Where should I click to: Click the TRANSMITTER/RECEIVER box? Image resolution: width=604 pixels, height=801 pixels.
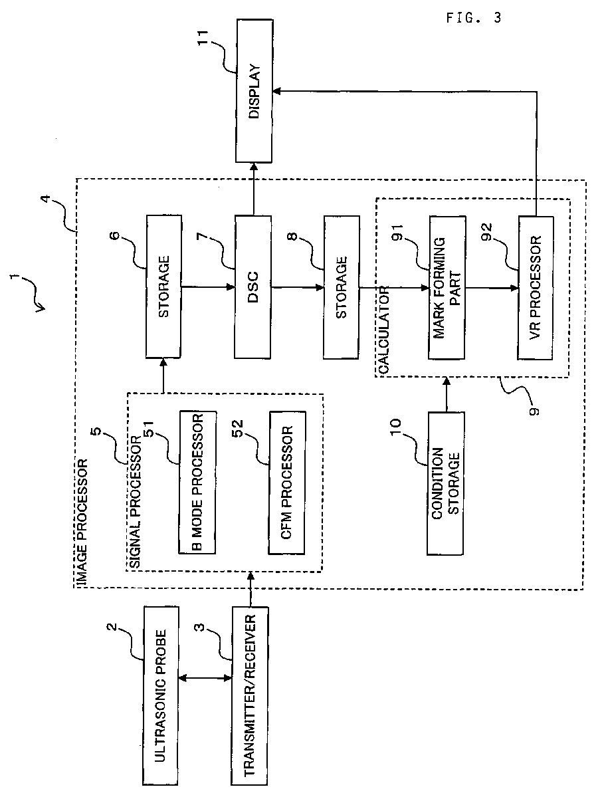(250, 695)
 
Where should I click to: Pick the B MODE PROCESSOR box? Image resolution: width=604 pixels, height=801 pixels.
(197, 481)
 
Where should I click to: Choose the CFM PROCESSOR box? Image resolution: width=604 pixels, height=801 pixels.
(287, 483)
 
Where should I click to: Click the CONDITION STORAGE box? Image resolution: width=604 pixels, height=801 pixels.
(445, 483)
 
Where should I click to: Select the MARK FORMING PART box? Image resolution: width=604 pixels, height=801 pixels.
(447, 288)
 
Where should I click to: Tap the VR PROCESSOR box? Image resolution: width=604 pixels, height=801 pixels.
(535, 288)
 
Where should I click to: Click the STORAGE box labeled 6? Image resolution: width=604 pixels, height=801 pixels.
(163, 286)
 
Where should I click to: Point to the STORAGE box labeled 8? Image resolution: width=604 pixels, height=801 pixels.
(342, 286)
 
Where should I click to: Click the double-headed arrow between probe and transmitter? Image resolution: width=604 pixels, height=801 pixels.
(205, 678)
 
